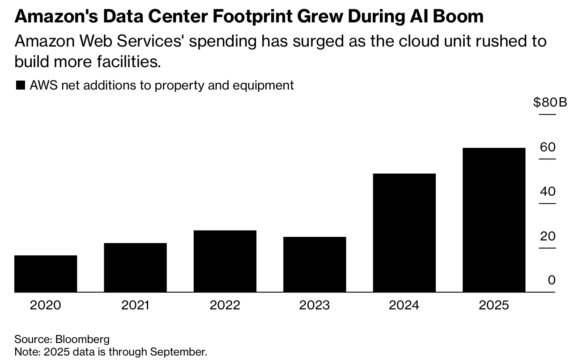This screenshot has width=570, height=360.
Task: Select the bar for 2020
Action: point(46,274)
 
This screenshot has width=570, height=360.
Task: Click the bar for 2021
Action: point(135,267)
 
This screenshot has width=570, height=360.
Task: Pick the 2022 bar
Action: point(225,261)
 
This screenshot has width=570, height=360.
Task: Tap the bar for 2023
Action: point(315,264)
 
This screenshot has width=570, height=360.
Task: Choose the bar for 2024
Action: point(404,233)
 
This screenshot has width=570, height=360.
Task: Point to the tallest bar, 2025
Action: point(494,220)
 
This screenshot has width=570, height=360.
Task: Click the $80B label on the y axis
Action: point(550,103)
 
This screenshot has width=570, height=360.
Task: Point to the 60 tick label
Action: point(548,147)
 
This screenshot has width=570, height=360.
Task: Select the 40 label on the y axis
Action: point(548,192)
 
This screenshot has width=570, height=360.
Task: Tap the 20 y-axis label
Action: point(548,236)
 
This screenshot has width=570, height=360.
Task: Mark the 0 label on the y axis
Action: point(552,280)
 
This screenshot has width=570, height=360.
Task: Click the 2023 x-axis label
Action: point(315,305)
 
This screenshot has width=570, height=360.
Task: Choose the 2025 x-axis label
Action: point(494,305)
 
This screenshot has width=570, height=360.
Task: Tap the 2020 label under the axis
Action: point(46,305)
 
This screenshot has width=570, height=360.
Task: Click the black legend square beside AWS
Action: point(20,85)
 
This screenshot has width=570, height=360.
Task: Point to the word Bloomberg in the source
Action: point(82,339)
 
